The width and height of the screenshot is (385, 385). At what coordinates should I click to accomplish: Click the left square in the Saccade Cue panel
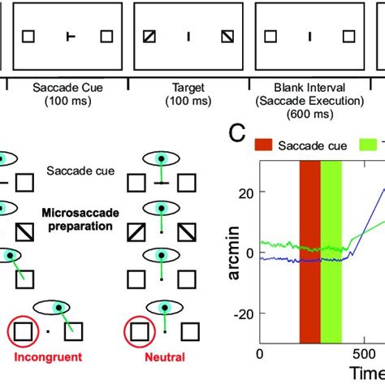28,37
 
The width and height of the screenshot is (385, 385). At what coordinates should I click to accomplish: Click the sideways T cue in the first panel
71,37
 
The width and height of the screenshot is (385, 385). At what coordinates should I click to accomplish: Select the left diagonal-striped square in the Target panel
149,37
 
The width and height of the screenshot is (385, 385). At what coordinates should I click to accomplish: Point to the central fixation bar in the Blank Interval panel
309,37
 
